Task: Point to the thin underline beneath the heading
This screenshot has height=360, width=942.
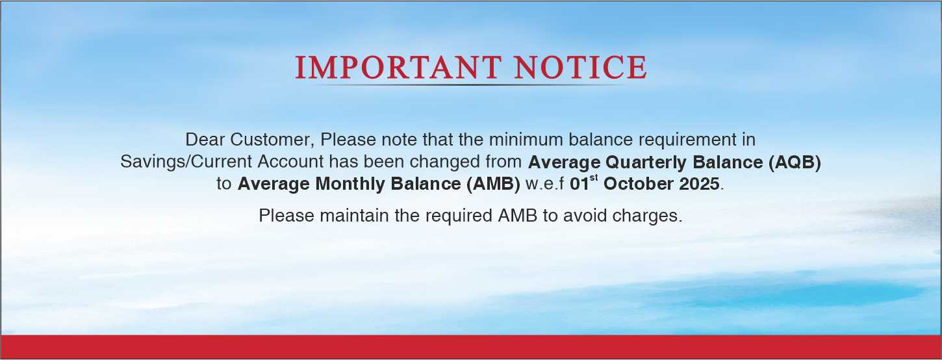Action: click(x=470, y=84)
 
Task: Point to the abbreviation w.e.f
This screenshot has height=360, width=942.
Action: click(x=544, y=184)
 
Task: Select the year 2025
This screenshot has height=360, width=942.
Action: click(x=700, y=184)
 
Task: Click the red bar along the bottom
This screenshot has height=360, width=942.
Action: click(x=471, y=347)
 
